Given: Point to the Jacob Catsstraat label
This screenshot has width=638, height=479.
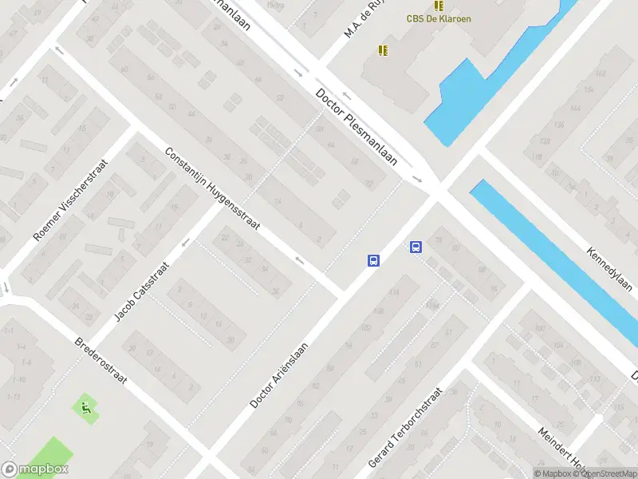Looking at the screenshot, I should click(142, 291).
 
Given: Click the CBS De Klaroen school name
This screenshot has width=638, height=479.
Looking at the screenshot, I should click(439, 18).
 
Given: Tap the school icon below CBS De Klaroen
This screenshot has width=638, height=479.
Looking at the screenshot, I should click(383, 49).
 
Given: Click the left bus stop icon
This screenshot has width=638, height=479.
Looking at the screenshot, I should click(372, 259).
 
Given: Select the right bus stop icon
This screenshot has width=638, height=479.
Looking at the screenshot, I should click(415, 247).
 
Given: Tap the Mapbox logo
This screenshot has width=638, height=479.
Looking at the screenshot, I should click(35, 469).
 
